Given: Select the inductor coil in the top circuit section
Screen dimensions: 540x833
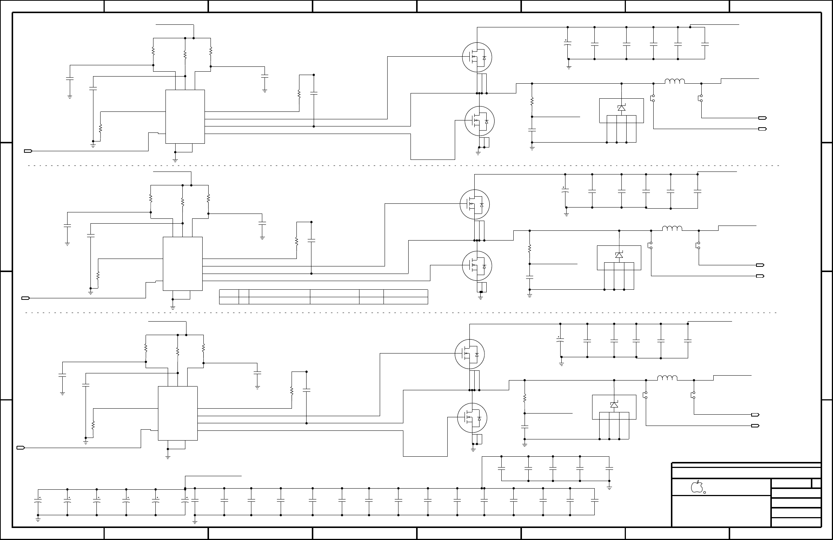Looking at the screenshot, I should (675, 81).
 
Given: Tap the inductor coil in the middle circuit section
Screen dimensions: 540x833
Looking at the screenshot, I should (672, 228).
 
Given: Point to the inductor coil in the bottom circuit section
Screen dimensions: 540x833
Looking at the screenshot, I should (667, 378).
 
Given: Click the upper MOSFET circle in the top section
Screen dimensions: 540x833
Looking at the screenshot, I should (477, 57).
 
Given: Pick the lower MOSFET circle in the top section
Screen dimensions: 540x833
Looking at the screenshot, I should (480, 121).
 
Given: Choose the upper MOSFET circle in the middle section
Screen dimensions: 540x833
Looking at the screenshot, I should (475, 205).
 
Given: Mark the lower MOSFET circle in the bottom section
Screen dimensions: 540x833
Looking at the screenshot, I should (472, 418).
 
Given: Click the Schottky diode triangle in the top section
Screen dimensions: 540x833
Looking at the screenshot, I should (621, 108).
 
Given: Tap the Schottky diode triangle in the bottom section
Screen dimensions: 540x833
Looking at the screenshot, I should (614, 405).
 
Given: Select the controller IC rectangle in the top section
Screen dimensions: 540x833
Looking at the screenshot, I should (185, 116).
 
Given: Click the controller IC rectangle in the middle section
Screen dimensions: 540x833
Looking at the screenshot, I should (182, 263).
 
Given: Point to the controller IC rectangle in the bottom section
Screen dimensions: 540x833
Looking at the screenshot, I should (177, 413).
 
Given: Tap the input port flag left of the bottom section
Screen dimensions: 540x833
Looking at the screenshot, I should (21, 448).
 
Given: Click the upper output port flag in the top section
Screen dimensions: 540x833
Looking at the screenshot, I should (762, 118).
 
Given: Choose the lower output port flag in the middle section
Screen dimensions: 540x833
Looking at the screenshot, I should (760, 276).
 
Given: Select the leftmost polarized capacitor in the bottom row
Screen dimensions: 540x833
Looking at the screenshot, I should (38, 501).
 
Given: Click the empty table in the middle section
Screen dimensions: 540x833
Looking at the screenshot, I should (323, 296).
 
